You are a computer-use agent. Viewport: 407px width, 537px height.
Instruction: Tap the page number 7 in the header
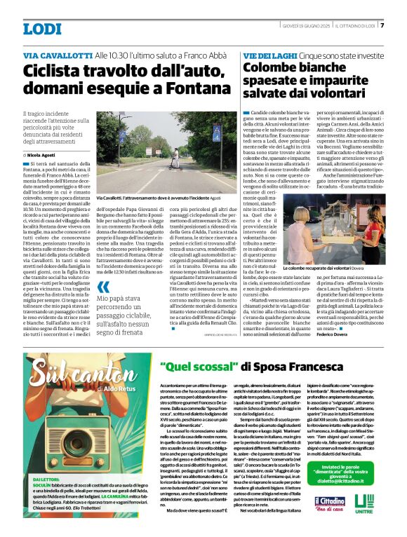click(x=382, y=27)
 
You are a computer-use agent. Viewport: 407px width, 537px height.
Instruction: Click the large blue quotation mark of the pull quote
click(x=104, y=286)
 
